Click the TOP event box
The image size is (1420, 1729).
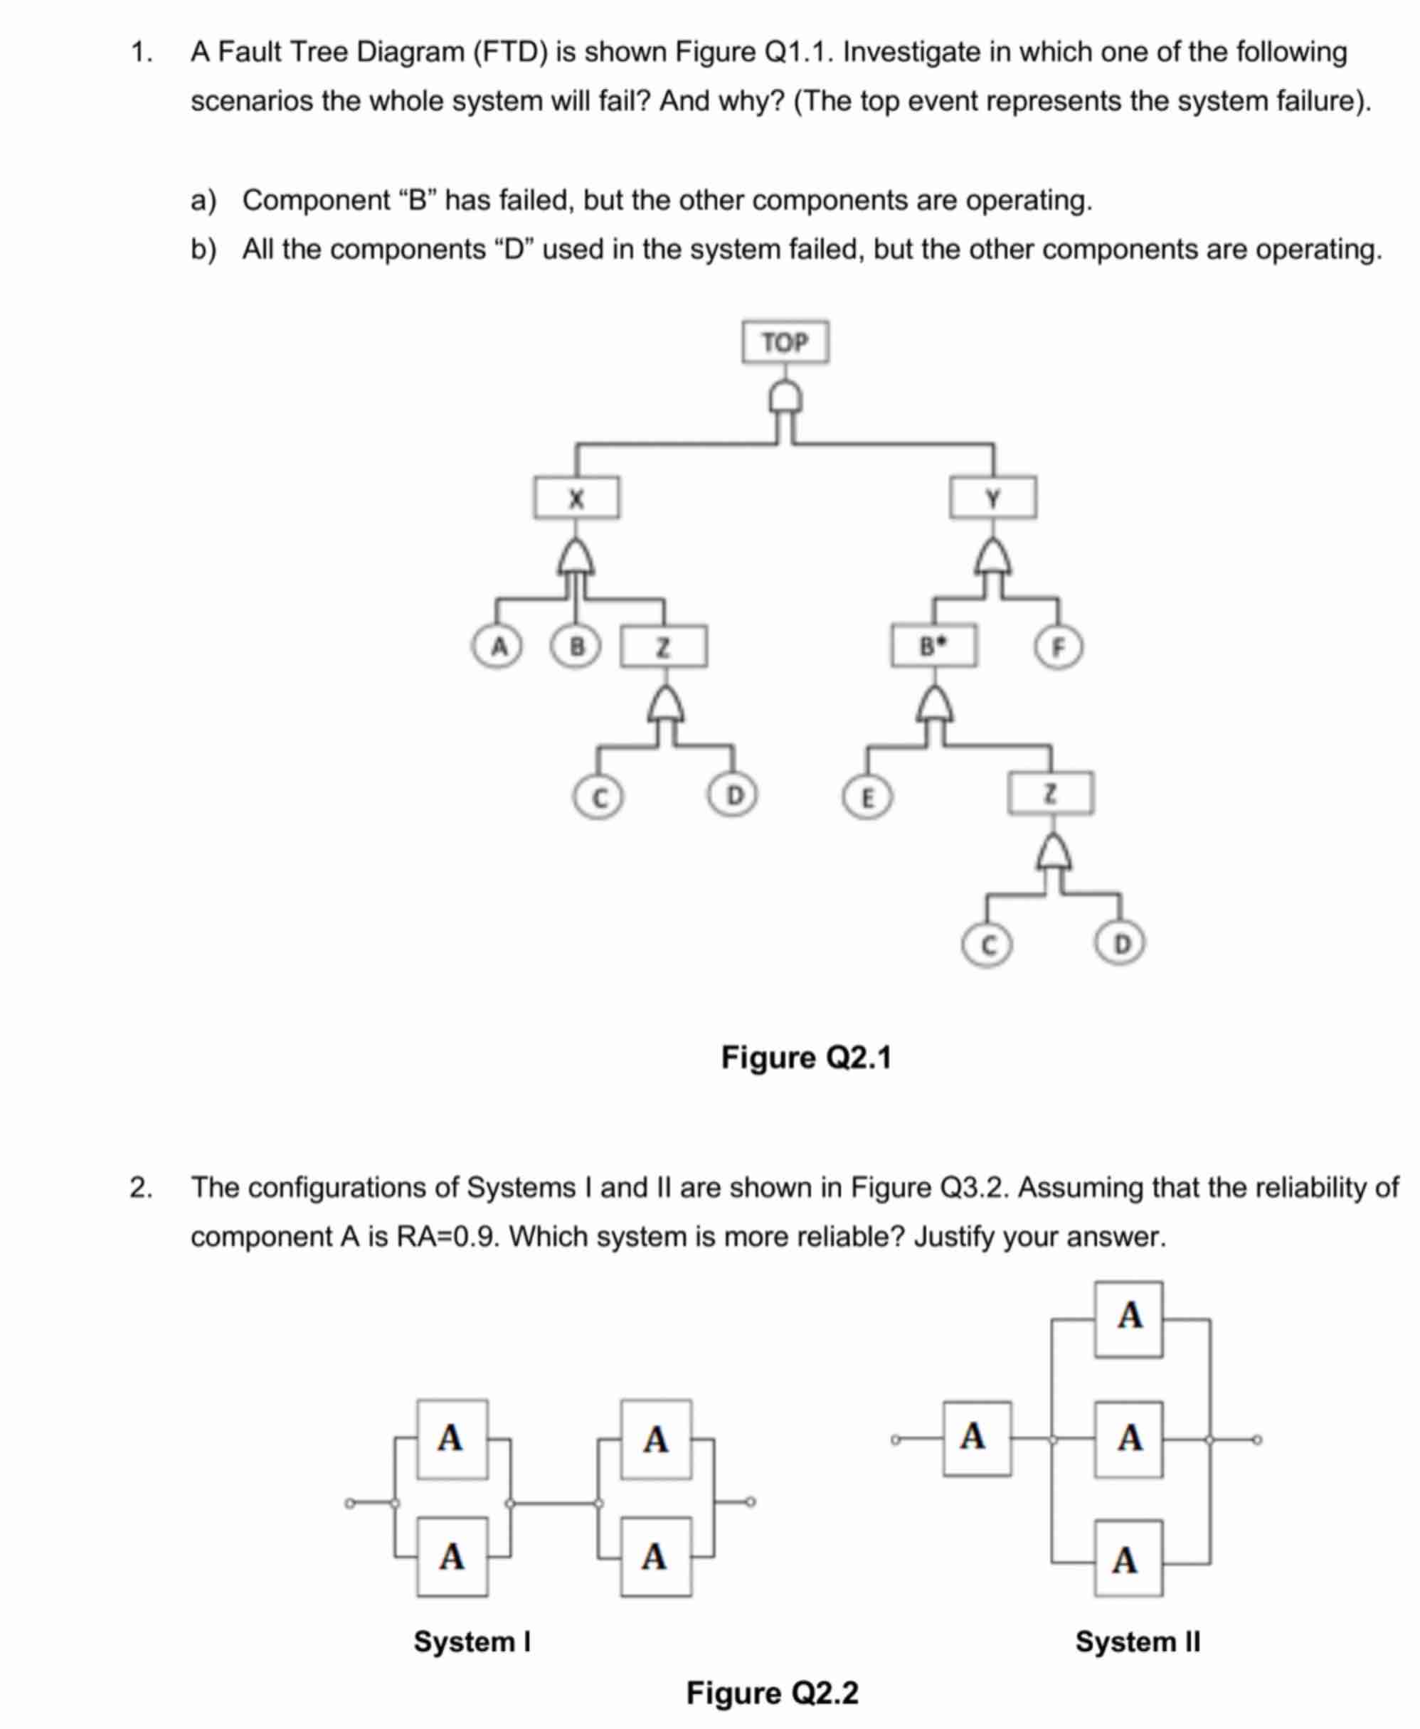click(x=785, y=342)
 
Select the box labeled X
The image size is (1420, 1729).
click(x=577, y=497)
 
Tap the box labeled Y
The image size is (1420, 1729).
click(x=993, y=497)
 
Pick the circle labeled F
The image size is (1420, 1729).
click(x=1059, y=647)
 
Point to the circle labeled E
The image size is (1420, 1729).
click(x=867, y=797)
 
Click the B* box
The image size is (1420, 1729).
click(x=933, y=646)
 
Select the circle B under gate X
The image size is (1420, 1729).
click(x=577, y=647)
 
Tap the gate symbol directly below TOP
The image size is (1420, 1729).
click(x=785, y=398)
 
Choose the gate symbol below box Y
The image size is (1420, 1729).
click(x=993, y=558)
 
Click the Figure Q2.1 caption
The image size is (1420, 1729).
click(x=806, y=1058)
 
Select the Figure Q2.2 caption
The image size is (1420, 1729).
click(x=772, y=1692)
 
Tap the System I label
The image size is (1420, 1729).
click(x=472, y=1641)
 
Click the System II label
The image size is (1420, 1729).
click(x=1137, y=1641)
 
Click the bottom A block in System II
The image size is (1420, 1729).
click(x=1127, y=1558)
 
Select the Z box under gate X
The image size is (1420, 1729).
click(x=663, y=647)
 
